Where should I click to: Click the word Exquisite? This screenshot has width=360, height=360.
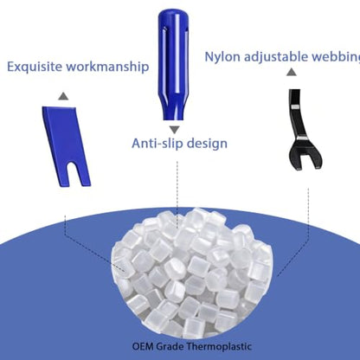[x=34, y=67]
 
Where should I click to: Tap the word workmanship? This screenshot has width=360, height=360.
[x=107, y=67]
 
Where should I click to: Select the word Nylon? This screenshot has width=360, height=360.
[x=222, y=57]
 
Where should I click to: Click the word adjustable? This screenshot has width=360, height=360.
[x=276, y=57]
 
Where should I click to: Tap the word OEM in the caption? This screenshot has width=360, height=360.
[x=143, y=346]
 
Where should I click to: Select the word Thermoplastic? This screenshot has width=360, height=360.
[x=218, y=346]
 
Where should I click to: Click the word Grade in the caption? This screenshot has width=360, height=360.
[x=169, y=346]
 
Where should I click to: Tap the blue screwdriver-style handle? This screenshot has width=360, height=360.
[x=173, y=64]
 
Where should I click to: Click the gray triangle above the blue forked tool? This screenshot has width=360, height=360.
[x=63, y=96]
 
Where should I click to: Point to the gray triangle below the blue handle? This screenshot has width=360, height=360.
[x=174, y=130]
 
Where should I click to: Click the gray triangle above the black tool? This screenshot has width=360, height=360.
[x=292, y=72]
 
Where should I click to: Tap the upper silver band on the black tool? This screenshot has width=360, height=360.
[x=296, y=107]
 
